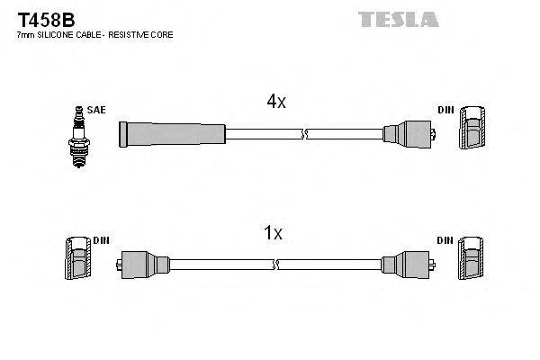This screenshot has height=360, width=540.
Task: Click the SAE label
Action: coord(97,110)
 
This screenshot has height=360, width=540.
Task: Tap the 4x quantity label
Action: coord(275,103)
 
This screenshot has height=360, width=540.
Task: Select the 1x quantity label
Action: coord(272,234)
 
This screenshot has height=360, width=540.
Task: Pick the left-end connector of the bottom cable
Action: coord(143,264)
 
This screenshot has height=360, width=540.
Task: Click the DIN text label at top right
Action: coord(445,110)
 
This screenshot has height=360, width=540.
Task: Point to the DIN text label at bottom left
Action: coord(100,240)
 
